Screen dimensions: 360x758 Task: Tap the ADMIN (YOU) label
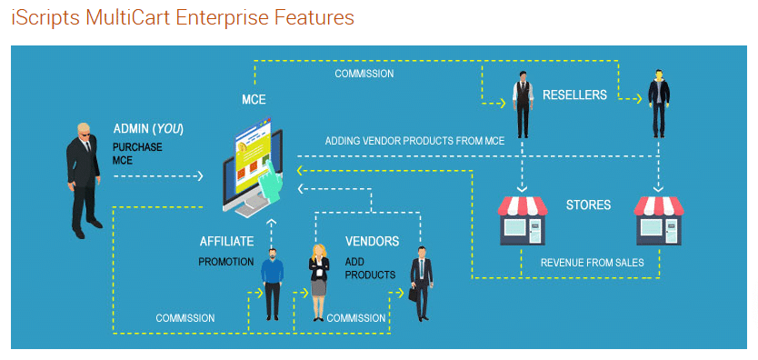pos(148,129)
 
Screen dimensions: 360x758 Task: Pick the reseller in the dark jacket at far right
pos(657,105)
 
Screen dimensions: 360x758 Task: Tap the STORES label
pos(588,205)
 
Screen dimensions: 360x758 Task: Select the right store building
pos(658,219)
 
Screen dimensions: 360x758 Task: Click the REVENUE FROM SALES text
pos(592,263)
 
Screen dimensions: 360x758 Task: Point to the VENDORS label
pos(372,242)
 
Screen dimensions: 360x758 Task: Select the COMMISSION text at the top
pos(364,74)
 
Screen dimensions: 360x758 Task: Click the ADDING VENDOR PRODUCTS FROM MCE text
pos(414,140)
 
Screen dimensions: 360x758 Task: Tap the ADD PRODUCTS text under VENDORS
pos(370,268)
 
